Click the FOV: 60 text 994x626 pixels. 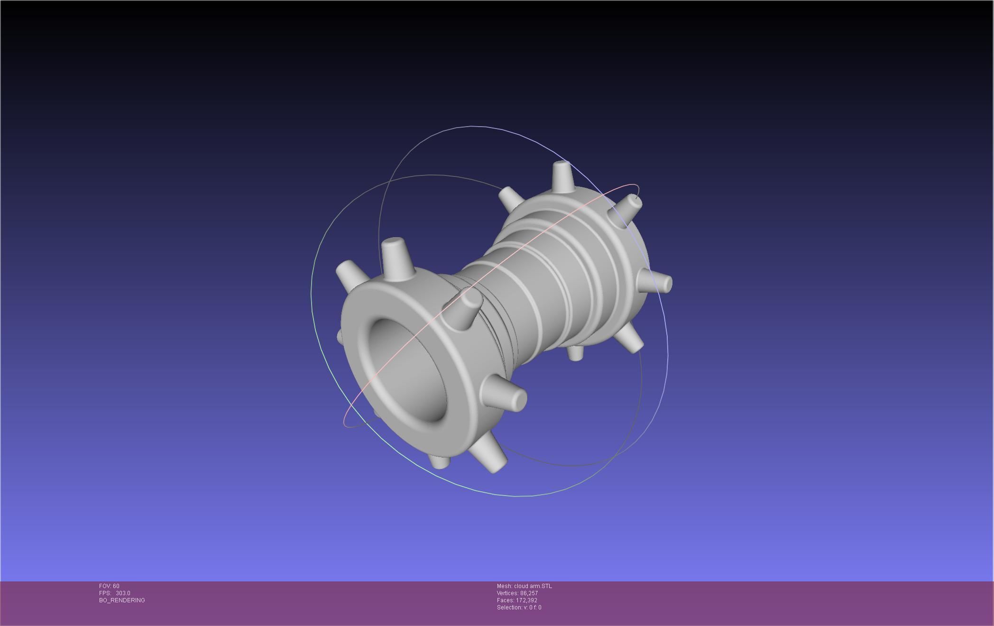pos(109,586)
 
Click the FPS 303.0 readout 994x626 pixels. pos(115,593)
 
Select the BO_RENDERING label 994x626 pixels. pos(122,600)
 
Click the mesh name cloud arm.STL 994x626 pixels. pos(524,586)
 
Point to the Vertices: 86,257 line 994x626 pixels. pos(517,593)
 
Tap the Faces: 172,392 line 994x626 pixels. pos(517,600)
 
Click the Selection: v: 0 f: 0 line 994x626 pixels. pos(519,608)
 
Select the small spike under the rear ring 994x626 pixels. pos(575,353)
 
